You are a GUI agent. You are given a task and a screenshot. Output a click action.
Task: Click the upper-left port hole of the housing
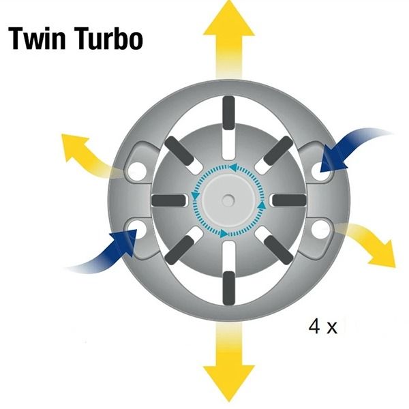[138, 168]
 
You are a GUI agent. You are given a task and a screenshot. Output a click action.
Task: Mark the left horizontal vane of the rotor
[166, 199]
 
